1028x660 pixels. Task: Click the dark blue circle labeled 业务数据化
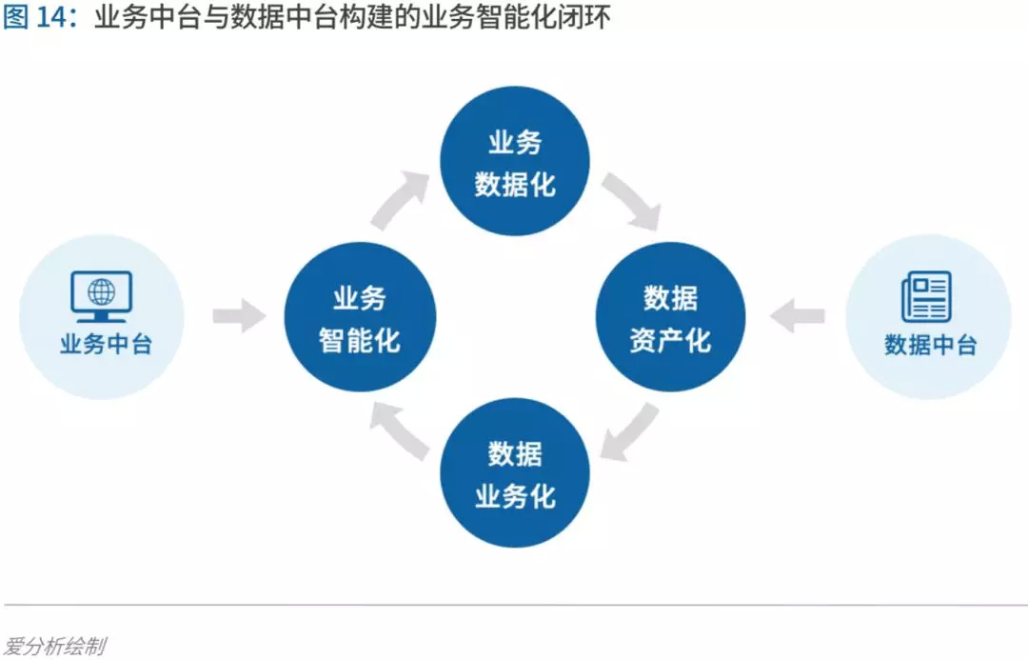coord(515,162)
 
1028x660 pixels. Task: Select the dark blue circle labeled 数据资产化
coord(670,317)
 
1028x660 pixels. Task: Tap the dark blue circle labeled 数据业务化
coord(515,473)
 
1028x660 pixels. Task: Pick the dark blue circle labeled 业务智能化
coord(360,317)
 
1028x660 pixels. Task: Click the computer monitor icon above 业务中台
coord(101,295)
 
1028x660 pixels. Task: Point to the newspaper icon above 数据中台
coord(926,295)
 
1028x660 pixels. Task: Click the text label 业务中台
coord(106,344)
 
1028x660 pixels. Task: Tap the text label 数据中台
coord(930,344)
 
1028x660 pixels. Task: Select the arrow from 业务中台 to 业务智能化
coord(238,316)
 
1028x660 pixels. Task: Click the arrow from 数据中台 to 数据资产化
coord(797,316)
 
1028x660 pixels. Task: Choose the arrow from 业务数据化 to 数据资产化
coord(631,201)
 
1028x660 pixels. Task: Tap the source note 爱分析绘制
coord(54,647)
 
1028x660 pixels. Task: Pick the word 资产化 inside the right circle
coord(670,340)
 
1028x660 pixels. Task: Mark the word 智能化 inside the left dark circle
coord(360,340)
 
